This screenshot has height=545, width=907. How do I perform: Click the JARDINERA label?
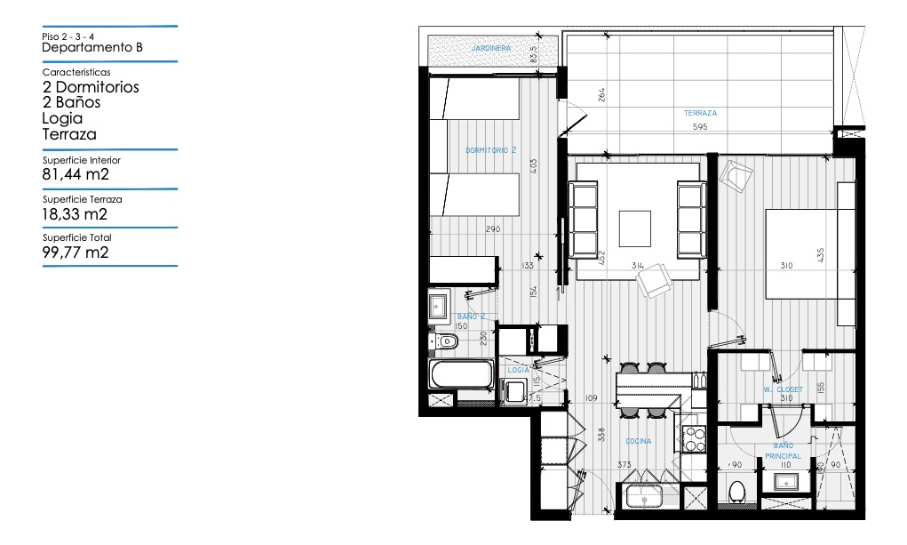[490, 47]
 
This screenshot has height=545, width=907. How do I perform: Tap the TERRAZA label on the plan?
[700, 113]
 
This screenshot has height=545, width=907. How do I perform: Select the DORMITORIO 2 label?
[490, 150]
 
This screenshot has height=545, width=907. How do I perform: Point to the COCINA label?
[638, 441]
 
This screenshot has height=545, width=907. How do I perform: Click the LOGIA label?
[519, 369]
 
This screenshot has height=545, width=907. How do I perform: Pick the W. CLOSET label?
[783, 389]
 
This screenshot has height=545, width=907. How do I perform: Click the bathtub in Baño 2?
[461, 374]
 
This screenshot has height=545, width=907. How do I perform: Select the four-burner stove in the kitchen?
[693, 438]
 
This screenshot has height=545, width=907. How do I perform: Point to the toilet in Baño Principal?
[736, 492]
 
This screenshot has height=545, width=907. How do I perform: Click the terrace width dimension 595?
[700, 127]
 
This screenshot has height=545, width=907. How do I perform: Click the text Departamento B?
[92, 48]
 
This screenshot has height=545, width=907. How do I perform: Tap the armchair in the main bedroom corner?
[736, 175]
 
